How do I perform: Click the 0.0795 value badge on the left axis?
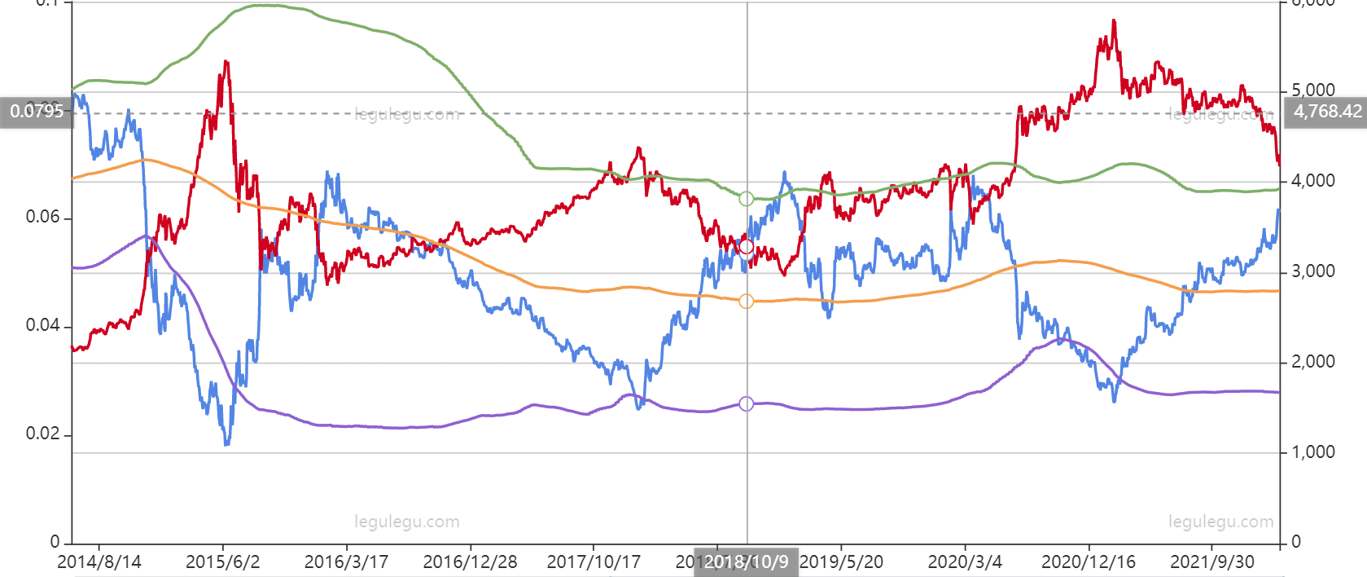point(37,111)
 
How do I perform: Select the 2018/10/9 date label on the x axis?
point(746,562)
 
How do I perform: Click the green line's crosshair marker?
point(746,199)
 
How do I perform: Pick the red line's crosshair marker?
point(746,247)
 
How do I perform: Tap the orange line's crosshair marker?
point(746,302)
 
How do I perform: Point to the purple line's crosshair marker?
point(746,404)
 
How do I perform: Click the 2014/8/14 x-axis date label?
point(99,562)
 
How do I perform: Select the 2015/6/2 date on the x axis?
point(222,562)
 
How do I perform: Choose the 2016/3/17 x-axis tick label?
point(346,562)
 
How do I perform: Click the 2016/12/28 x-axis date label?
point(470,562)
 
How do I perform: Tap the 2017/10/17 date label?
point(594,562)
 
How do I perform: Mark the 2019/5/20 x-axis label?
point(842,562)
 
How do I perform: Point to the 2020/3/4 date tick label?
point(965,562)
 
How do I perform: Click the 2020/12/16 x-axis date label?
point(1089,562)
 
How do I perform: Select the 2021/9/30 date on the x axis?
point(1211,562)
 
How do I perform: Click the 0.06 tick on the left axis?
point(42,217)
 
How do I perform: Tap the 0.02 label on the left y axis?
point(42,434)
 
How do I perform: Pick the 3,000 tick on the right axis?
point(1313,271)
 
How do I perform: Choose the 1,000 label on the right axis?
point(1313,452)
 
